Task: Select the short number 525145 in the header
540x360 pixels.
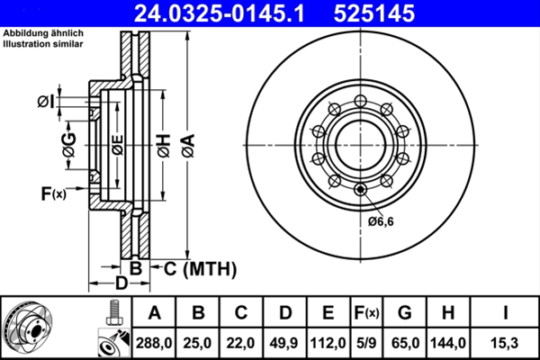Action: pos(371,13)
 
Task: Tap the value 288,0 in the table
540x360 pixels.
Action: pos(154,343)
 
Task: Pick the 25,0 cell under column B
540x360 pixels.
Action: pos(198,343)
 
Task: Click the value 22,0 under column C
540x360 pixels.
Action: pos(242,343)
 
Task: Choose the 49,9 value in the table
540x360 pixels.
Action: pos(285,343)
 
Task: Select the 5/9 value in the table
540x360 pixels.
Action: pos(365,343)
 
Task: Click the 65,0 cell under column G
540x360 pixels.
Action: pos(404,343)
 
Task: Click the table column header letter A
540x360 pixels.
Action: pos(154,313)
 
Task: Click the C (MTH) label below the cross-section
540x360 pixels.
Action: pos(199,268)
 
